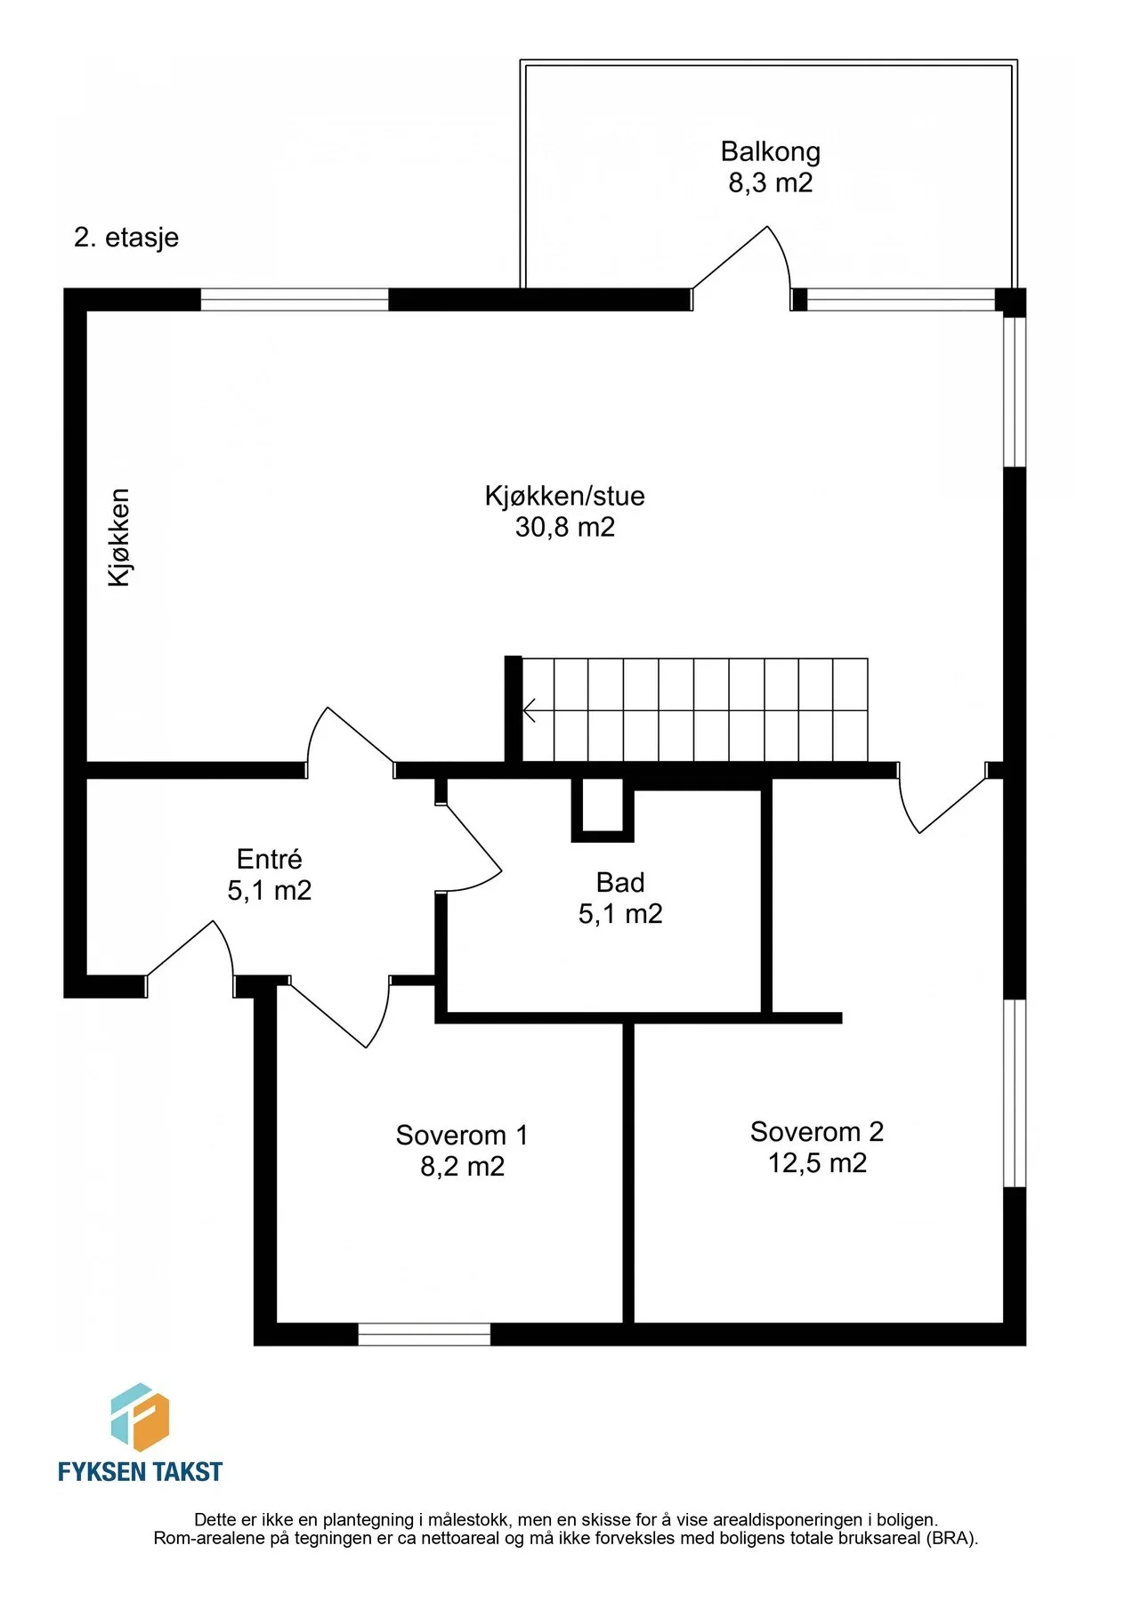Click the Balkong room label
770,152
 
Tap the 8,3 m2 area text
771,182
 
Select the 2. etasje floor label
126,238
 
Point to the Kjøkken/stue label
564,496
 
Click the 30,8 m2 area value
565,527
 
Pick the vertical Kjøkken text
118,538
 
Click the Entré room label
269,859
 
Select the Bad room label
620,882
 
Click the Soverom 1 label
462,1135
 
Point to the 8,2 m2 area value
462,1166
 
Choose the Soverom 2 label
817,1131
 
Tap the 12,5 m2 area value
817,1162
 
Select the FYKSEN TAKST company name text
140,1472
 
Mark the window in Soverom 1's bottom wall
424,1334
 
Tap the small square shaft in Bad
603,809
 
